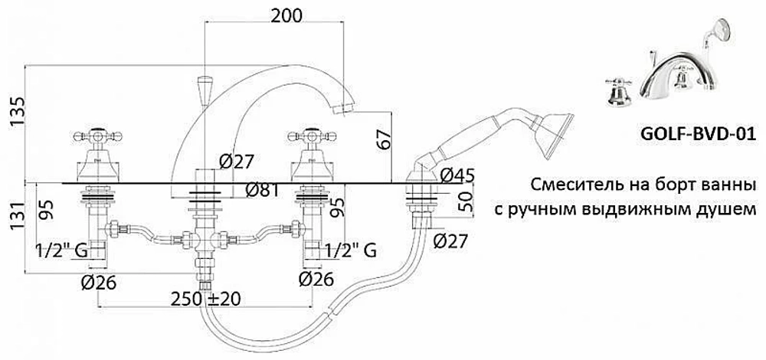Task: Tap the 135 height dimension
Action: point(18,111)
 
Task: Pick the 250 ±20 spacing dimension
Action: point(205,298)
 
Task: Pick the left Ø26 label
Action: point(99,282)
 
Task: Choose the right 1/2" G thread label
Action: point(350,250)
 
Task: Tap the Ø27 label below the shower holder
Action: point(450,241)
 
